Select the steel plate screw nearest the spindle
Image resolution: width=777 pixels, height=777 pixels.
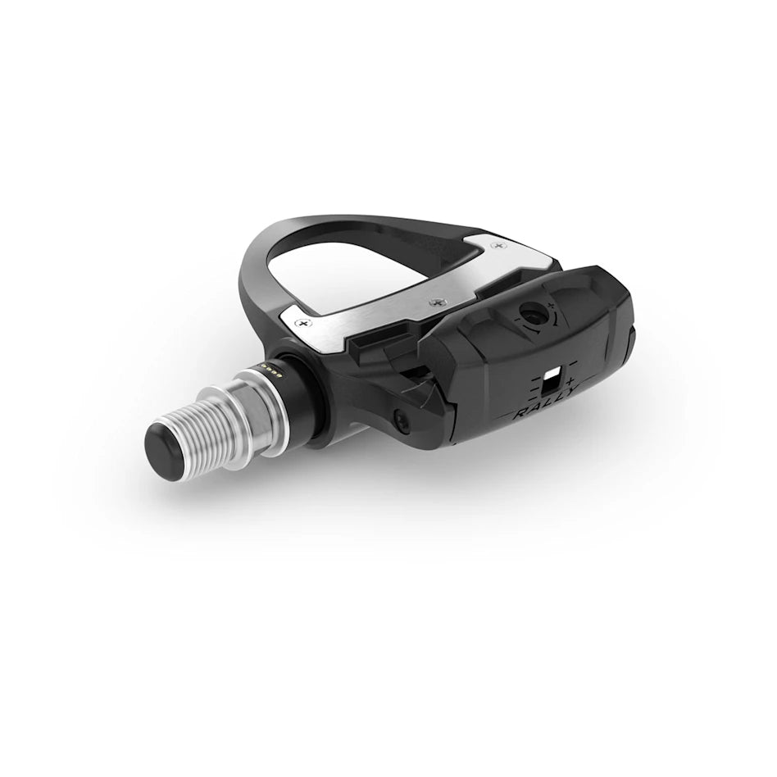coord(305,324)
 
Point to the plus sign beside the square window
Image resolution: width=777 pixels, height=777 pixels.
coord(569,382)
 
